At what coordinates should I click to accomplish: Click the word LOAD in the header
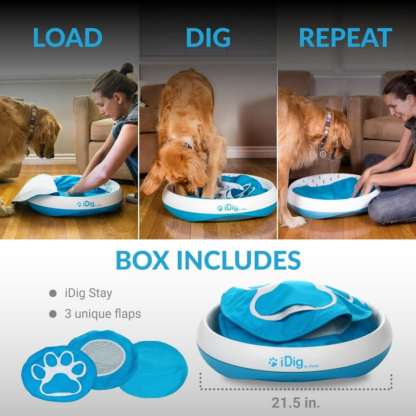(67, 37)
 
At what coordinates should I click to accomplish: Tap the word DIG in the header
(208, 37)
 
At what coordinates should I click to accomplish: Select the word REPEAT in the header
(345, 37)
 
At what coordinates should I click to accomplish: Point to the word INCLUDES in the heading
(238, 261)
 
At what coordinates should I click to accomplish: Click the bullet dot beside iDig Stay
(53, 294)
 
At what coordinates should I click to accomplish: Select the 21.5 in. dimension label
(295, 403)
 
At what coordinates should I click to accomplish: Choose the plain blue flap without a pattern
(154, 368)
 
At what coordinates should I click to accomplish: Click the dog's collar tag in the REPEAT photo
(323, 153)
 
